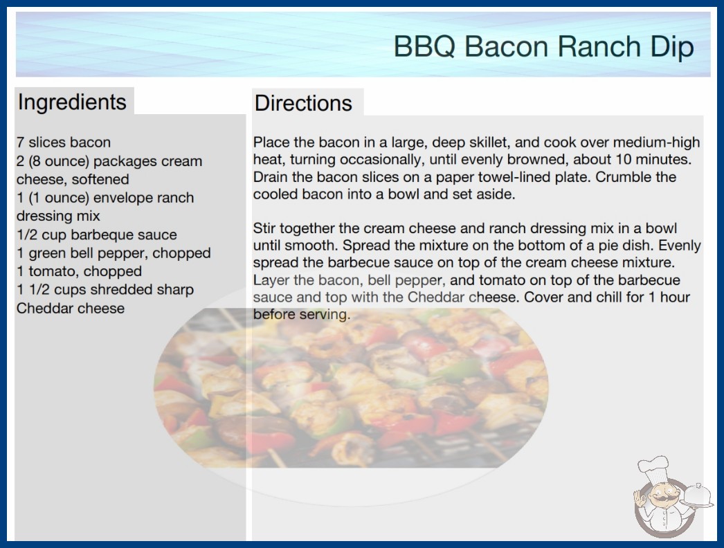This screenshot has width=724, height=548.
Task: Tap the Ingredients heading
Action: (72, 102)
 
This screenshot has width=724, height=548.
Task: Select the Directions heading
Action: (303, 103)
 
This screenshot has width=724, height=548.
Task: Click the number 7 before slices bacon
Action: (20, 143)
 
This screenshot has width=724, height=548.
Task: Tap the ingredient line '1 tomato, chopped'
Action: (80, 271)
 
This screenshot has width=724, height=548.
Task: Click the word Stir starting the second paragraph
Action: (264, 228)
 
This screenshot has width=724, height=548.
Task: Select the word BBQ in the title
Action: (425, 47)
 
